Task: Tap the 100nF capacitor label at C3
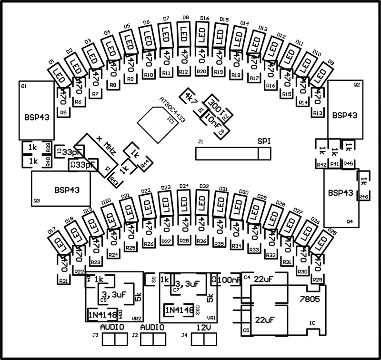(x=228, y=280)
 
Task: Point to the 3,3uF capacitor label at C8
(x=113, y=295)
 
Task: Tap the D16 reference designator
(x=205, y=19)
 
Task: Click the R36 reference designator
(x=201, y=241)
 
